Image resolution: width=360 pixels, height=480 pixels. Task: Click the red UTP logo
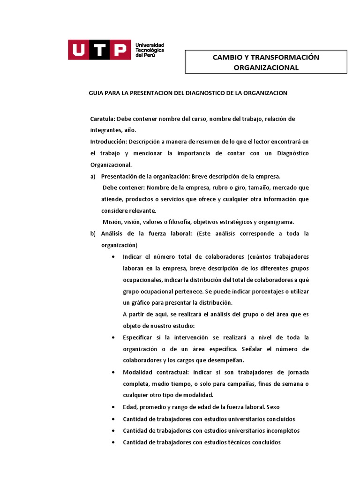click(99, 50)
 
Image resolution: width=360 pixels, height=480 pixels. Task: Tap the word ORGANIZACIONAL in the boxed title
click(266, 67)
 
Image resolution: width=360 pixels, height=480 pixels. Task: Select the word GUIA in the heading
click(96, 93)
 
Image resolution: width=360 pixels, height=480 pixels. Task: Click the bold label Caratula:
click(103, 119)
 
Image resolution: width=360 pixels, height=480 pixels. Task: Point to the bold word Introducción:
click(108, 142)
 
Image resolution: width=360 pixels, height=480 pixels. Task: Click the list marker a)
click(92, 176)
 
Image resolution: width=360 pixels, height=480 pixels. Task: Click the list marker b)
click(92, 233)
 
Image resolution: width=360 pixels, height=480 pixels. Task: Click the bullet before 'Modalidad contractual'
click(115, 372)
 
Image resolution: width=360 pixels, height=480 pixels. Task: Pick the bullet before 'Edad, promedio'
click(115, 407)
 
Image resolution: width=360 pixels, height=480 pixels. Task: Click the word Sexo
click(272, 407)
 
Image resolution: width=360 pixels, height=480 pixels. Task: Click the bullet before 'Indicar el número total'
click(115, 257)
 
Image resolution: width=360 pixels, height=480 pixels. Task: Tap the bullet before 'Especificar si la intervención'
click(115, 337)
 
